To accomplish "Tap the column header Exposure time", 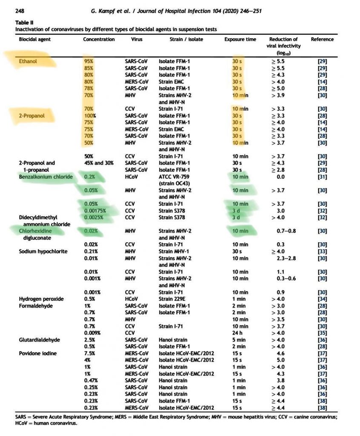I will [x=240, y=40].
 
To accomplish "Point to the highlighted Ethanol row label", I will [x=28, y=61].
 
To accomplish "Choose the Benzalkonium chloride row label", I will [x=46, y=176].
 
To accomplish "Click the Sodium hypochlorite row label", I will [x=43, y=251].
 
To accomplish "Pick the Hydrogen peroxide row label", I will [x=41, y=299].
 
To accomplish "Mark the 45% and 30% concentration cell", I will [x=98, y=163].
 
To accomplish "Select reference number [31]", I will [x=322, y=176].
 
